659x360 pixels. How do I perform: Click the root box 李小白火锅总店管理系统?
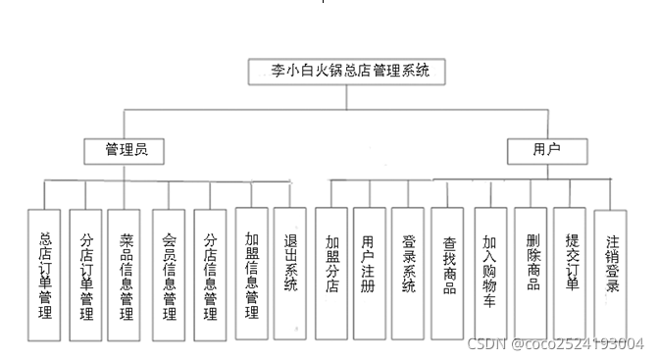[x=350, y=72]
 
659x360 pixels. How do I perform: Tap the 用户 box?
[x=546, y=150]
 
